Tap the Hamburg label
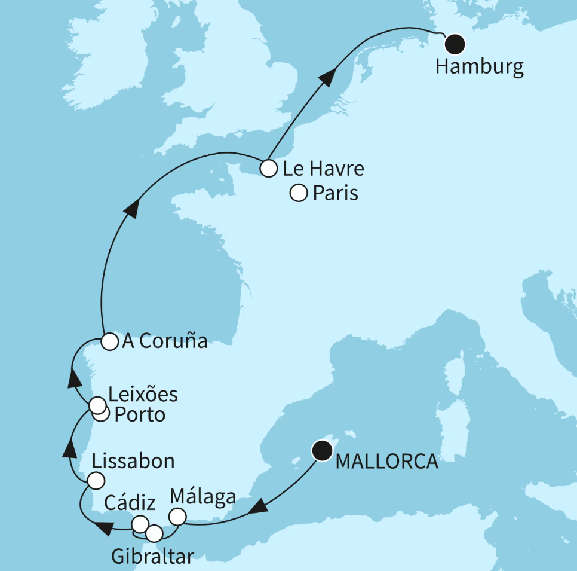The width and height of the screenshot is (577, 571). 479,66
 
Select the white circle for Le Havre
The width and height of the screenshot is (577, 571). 269,169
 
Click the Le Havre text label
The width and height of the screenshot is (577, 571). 323,169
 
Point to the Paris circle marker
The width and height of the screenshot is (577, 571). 298,193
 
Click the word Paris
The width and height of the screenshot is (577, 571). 335,193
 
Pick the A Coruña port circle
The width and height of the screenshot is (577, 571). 109,341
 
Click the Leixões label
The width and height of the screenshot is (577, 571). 143,395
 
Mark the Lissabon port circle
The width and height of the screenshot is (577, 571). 96,480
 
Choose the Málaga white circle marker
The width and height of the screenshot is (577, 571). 178,516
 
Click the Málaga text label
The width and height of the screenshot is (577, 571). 202,496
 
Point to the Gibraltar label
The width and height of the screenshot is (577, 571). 152,557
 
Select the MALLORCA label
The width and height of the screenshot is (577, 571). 386,462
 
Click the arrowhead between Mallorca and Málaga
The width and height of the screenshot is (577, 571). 257,508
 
